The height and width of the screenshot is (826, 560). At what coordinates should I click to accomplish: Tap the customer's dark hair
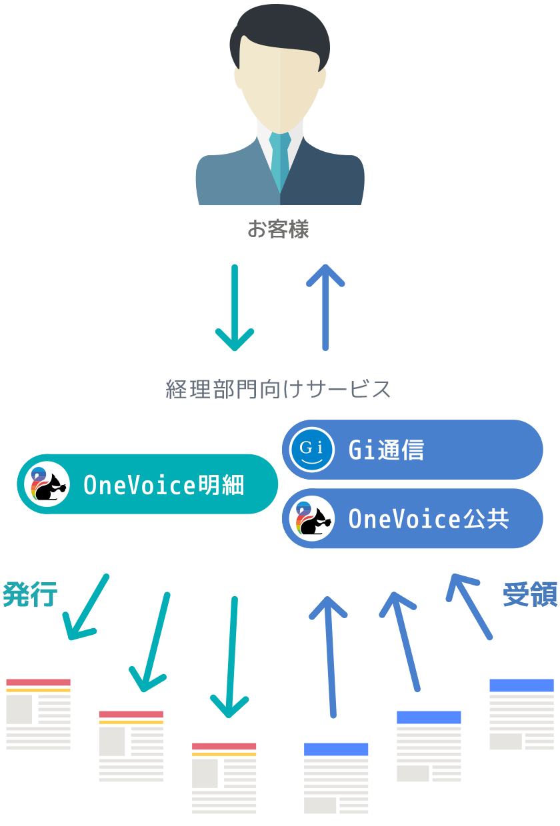279,30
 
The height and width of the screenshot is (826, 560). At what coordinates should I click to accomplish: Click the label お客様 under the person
278,230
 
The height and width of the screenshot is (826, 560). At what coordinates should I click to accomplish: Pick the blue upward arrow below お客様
325,306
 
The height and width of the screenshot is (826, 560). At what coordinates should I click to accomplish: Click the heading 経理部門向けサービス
278,389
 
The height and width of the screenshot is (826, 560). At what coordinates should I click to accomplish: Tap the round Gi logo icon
312,450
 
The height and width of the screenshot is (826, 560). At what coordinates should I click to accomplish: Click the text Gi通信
386,450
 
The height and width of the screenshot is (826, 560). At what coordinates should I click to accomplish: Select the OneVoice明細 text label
164,485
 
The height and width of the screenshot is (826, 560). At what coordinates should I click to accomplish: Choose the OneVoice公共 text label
429,519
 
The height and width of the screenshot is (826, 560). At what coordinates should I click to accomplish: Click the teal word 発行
30,594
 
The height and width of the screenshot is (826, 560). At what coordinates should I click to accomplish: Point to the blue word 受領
530,594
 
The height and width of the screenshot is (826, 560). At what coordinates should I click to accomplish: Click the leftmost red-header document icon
39,713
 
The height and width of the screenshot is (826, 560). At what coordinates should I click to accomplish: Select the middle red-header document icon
131,746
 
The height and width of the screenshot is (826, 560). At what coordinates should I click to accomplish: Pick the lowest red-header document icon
224,778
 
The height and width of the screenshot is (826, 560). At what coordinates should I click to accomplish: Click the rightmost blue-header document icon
521,714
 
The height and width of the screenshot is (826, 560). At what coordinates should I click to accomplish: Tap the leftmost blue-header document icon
336,778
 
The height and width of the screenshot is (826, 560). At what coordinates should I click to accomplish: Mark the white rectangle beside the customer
45,80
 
